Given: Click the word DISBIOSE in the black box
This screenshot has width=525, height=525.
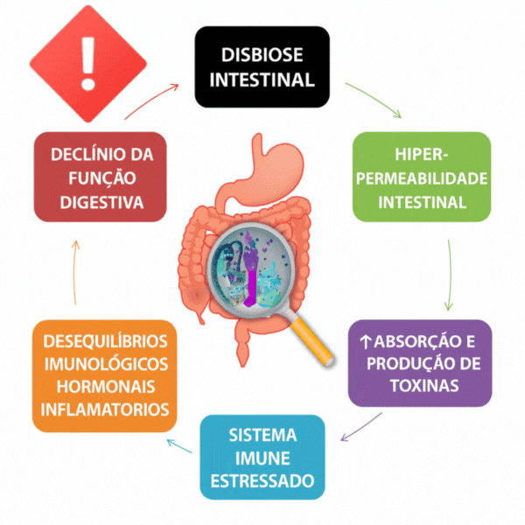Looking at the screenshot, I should point(262,54).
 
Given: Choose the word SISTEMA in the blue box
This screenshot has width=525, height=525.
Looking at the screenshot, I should point(262,435).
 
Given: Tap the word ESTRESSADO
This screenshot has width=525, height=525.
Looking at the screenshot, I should point(262,480).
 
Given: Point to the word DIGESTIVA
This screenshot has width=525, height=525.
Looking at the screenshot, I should point(101,201).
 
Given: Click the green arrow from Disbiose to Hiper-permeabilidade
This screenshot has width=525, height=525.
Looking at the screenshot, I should point(374,100).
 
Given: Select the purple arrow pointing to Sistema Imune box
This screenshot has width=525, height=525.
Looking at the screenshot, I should point(359,427).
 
